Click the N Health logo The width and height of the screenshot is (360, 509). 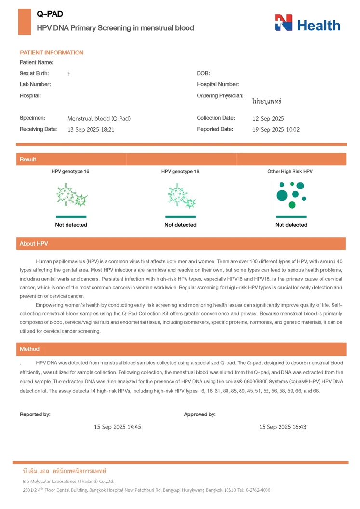tap(307, 23)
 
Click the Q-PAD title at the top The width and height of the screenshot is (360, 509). tap(50, 14)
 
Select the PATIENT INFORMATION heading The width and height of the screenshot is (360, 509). tap(52, 53)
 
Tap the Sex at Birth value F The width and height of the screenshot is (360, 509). tap(69, 74)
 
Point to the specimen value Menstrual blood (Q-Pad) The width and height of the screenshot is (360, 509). tap(99, 118)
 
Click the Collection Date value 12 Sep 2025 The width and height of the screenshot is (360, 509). tap(268, 118)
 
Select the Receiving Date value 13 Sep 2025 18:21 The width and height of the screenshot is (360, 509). tap(91, 129)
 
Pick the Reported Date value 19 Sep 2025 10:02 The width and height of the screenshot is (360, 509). tap(276, 129)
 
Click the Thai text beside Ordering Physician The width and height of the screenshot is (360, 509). tap(267, 101)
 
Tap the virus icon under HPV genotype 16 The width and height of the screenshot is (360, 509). tap(71, 195)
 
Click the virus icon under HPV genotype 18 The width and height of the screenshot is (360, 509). tap(181, 196)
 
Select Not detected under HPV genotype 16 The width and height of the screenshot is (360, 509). tap(71, 225)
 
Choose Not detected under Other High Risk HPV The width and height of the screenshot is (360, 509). tap(291, 225)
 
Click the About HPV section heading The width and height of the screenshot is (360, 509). tap(34, 244)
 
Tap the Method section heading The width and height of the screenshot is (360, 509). tap(29, 349)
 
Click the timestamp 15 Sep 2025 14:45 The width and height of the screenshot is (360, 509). tap(118, 427)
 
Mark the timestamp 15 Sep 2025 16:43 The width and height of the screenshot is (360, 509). tap(282, 427)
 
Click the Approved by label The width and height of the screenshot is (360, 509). tap(200, 415)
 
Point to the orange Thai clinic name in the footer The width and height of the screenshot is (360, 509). tap(65, 471)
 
